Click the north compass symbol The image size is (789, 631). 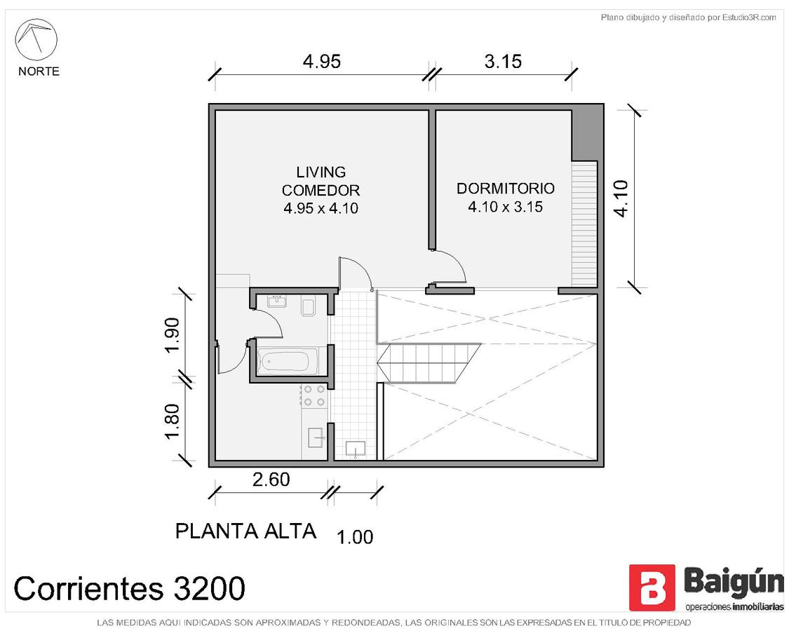36,40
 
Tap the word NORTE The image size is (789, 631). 39,72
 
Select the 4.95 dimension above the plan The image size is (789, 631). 322,62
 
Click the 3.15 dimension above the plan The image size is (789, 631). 503,62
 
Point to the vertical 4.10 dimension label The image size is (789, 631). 621,198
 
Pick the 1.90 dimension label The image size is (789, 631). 172,336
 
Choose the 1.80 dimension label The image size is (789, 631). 172,421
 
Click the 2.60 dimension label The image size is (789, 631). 271,480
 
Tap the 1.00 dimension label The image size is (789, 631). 355,538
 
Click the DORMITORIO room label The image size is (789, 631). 506,188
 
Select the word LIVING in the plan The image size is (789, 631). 321,172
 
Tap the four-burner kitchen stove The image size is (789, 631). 314,395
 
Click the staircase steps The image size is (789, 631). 429,362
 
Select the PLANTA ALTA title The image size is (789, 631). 245,531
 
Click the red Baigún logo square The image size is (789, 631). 652,588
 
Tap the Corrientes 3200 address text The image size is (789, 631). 129,588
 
